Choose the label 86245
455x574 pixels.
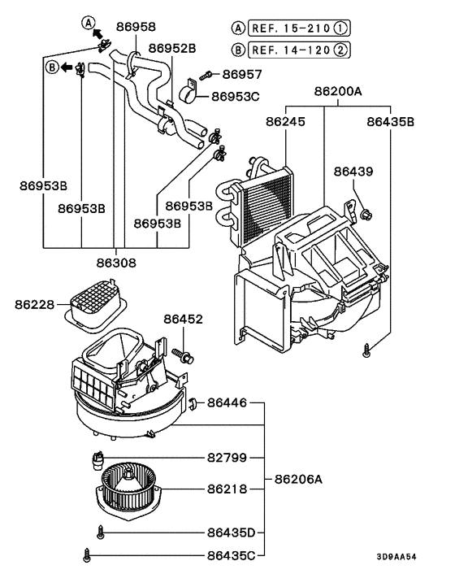(x=285, y=122)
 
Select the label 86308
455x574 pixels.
(x=116, y=263)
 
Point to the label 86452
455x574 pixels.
(x=184, y=320)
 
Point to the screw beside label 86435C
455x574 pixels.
(x=87, y=555)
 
